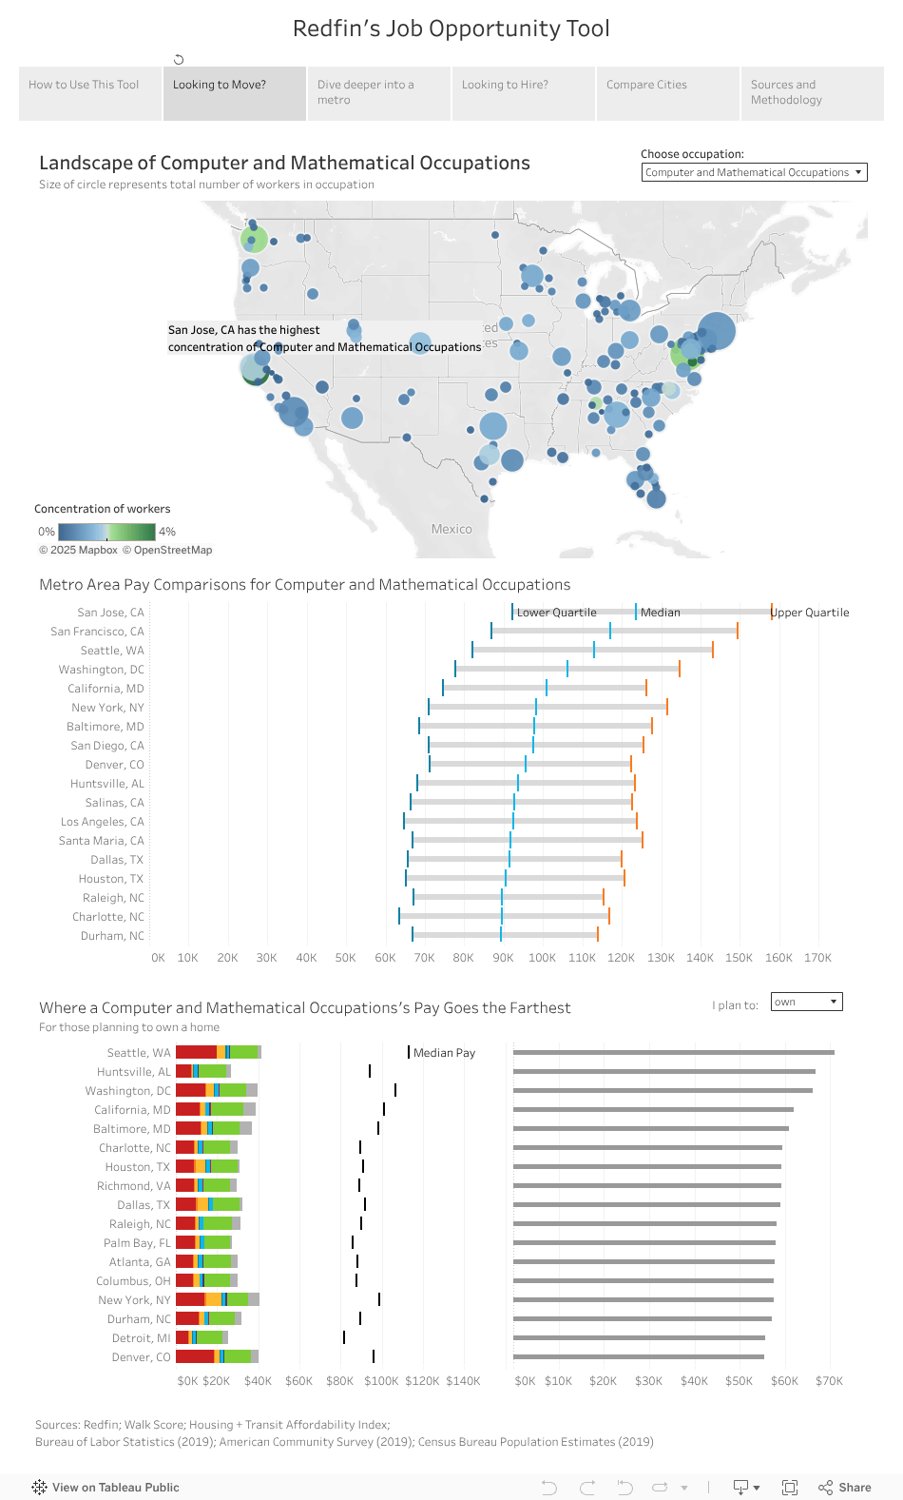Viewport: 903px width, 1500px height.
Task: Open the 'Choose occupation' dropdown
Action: pos(754,172)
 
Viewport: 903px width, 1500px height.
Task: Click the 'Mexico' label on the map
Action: pos(451,529)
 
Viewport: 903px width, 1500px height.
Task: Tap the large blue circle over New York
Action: pos(717,331)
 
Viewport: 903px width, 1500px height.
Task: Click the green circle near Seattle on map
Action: pos(254,239)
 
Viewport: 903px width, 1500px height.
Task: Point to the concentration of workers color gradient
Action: pos(106,532)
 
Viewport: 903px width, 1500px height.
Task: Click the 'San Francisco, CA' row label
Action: pos(97,632)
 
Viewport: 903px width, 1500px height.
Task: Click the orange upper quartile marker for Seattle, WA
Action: pos(713,650)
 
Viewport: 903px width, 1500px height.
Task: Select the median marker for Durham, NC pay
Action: pos(501,935)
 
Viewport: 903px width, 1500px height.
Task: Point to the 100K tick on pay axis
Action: pos(542,958)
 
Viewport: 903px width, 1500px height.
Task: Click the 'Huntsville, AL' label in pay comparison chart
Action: pos(106,784)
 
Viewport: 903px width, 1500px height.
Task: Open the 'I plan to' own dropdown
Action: pos(807,1002)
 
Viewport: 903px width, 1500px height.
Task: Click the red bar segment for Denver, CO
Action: pos(195,1356)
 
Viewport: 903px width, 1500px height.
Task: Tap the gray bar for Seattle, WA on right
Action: pos(673,1052)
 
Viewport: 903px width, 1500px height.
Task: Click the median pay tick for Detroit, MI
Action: pos(344,1337)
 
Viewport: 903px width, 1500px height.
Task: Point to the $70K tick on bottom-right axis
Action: pos(829,1381)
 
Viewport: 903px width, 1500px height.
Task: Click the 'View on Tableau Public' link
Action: pos(106,1488)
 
